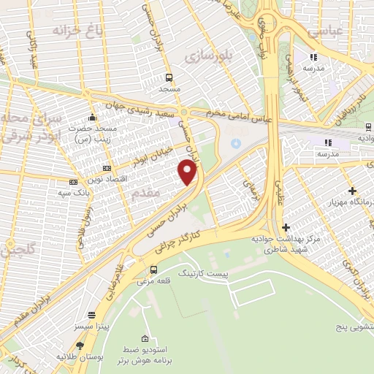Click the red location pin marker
pos(188,172)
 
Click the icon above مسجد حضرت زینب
pos(91,117)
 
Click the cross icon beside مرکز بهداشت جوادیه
pos(286,228)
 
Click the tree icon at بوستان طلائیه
pos(79,345)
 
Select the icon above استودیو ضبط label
pos(145,339)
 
